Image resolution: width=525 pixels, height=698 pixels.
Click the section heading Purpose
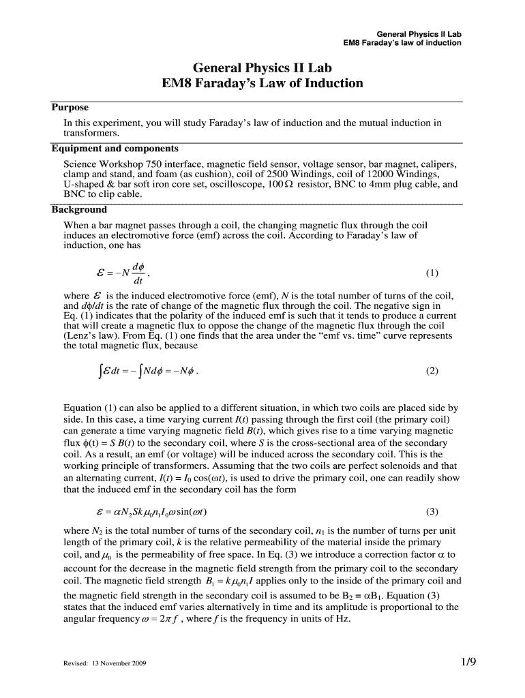(70, 108)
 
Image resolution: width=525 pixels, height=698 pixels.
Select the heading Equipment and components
(115, 149)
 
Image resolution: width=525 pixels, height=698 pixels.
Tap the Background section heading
(79, 210)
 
